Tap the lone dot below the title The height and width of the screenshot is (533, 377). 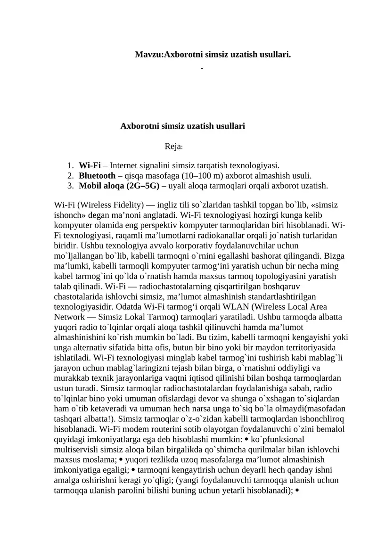click(202, 69)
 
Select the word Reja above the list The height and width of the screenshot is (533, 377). click(172, 147)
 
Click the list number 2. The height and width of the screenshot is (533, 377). click(70, 175)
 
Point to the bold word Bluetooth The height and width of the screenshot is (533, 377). click(97, 175)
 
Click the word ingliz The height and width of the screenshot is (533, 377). click(169, 205)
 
